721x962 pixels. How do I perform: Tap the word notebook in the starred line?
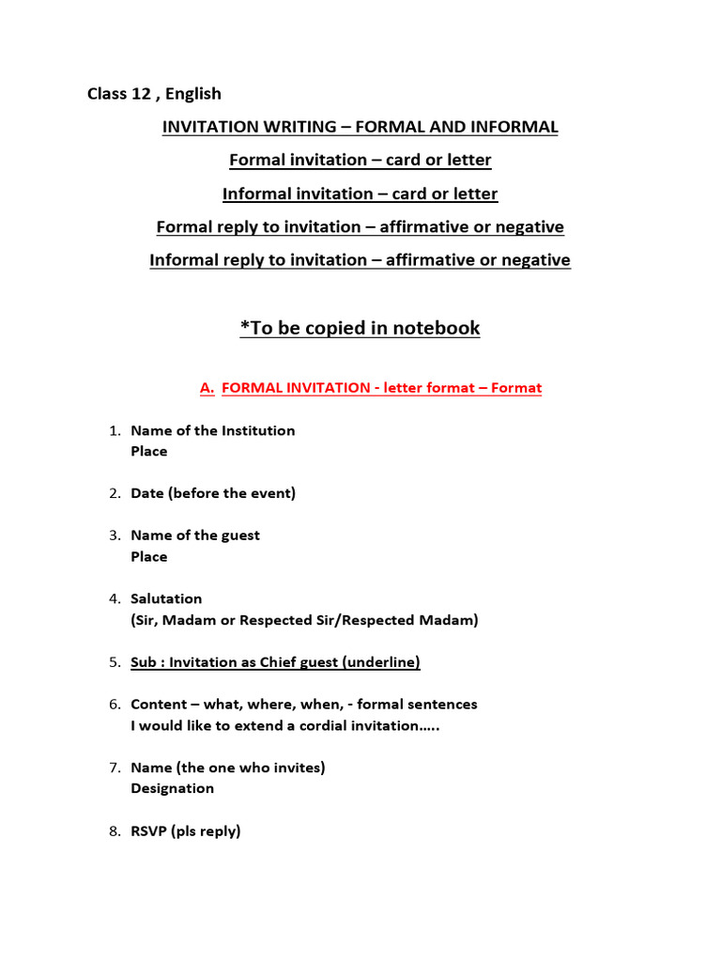[x=436, y=328]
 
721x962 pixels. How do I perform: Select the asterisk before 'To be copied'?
[x=244, y=326]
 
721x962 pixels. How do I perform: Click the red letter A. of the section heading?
[x=207, y=388]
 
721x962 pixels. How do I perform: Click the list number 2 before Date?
[x=113, y=493]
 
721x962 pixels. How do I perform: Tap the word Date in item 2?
[x=147, y=493]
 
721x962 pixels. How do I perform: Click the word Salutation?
[x=166, y=598]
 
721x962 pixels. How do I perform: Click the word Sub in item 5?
[x=144, y=662]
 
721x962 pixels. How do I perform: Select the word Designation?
[x=173, y=788]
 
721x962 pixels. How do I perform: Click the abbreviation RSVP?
[x=148, y=830]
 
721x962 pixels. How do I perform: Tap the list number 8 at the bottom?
[x=113, y=830]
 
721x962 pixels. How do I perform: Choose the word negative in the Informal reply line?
[x=536, y=260]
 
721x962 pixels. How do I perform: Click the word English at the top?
[x=193, y=93]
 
